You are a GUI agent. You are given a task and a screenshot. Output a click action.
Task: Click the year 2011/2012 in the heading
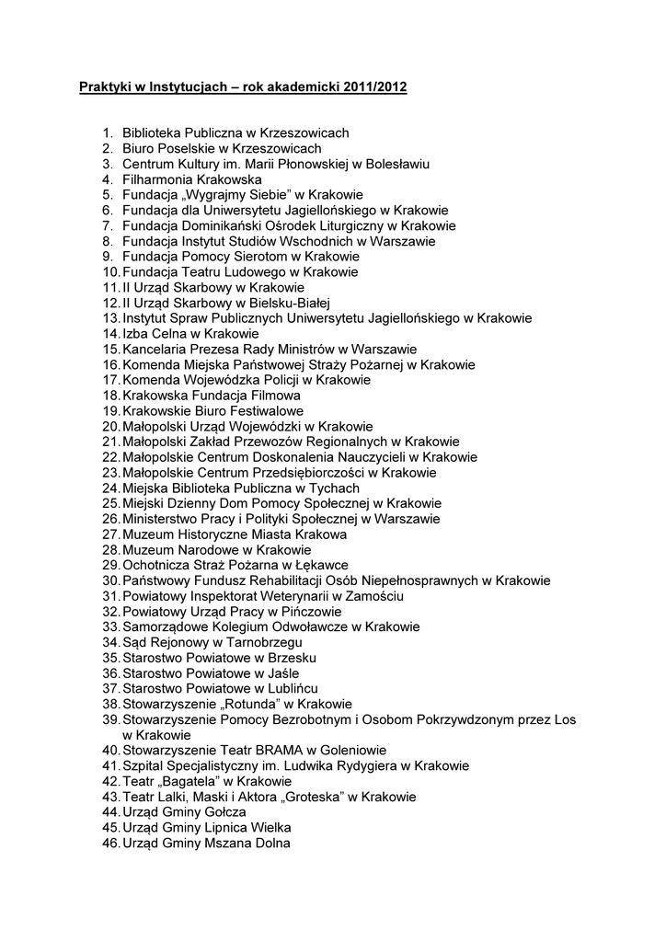coord(375,88)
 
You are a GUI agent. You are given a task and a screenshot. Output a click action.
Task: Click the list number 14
coord(110,334)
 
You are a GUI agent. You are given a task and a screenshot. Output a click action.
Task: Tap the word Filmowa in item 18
coord(275,396)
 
